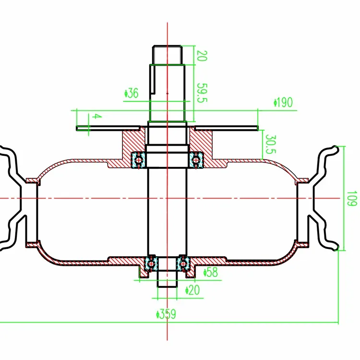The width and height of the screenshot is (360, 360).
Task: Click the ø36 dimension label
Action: (x=132, y=93)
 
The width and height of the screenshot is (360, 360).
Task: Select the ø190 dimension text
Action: (x=283, y=102)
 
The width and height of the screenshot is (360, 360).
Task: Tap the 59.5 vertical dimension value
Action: (x=201, y=93)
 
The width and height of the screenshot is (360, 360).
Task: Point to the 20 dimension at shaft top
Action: (x=201, y=56)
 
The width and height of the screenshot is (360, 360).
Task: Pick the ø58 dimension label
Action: (x=211, y=273)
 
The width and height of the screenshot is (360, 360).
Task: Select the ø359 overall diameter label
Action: (x=166, y=314)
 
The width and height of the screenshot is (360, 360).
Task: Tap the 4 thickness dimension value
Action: (x=96, y=117)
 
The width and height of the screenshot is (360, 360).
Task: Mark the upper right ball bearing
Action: (x=196, y=160)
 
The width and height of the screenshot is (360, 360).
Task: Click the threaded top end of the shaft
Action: (x=168, y=54)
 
